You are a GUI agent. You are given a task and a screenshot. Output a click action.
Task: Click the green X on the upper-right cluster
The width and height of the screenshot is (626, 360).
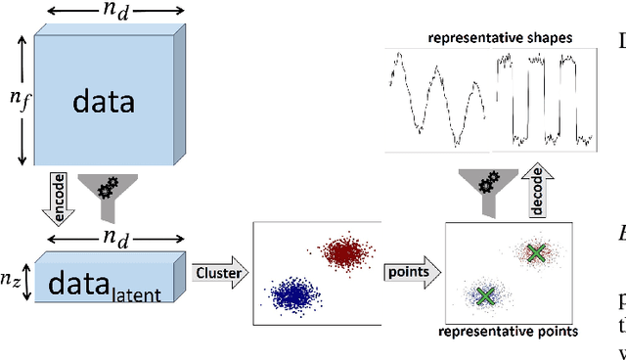coord(535,253)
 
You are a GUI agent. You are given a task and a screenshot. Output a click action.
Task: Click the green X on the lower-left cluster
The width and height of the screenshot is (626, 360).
coord(484,294)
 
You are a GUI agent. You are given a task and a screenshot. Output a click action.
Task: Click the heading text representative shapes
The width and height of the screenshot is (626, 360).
coord(485,39)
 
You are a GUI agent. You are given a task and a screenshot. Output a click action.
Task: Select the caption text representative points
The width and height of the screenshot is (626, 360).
coord(508,332)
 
